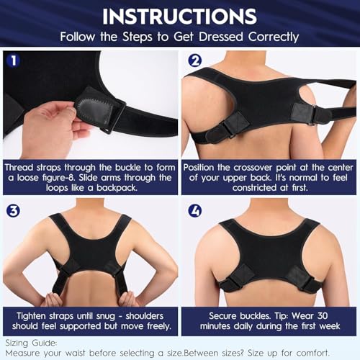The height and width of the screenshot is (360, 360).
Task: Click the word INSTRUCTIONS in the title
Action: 180,15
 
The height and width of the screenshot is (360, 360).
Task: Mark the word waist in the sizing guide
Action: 84,352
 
